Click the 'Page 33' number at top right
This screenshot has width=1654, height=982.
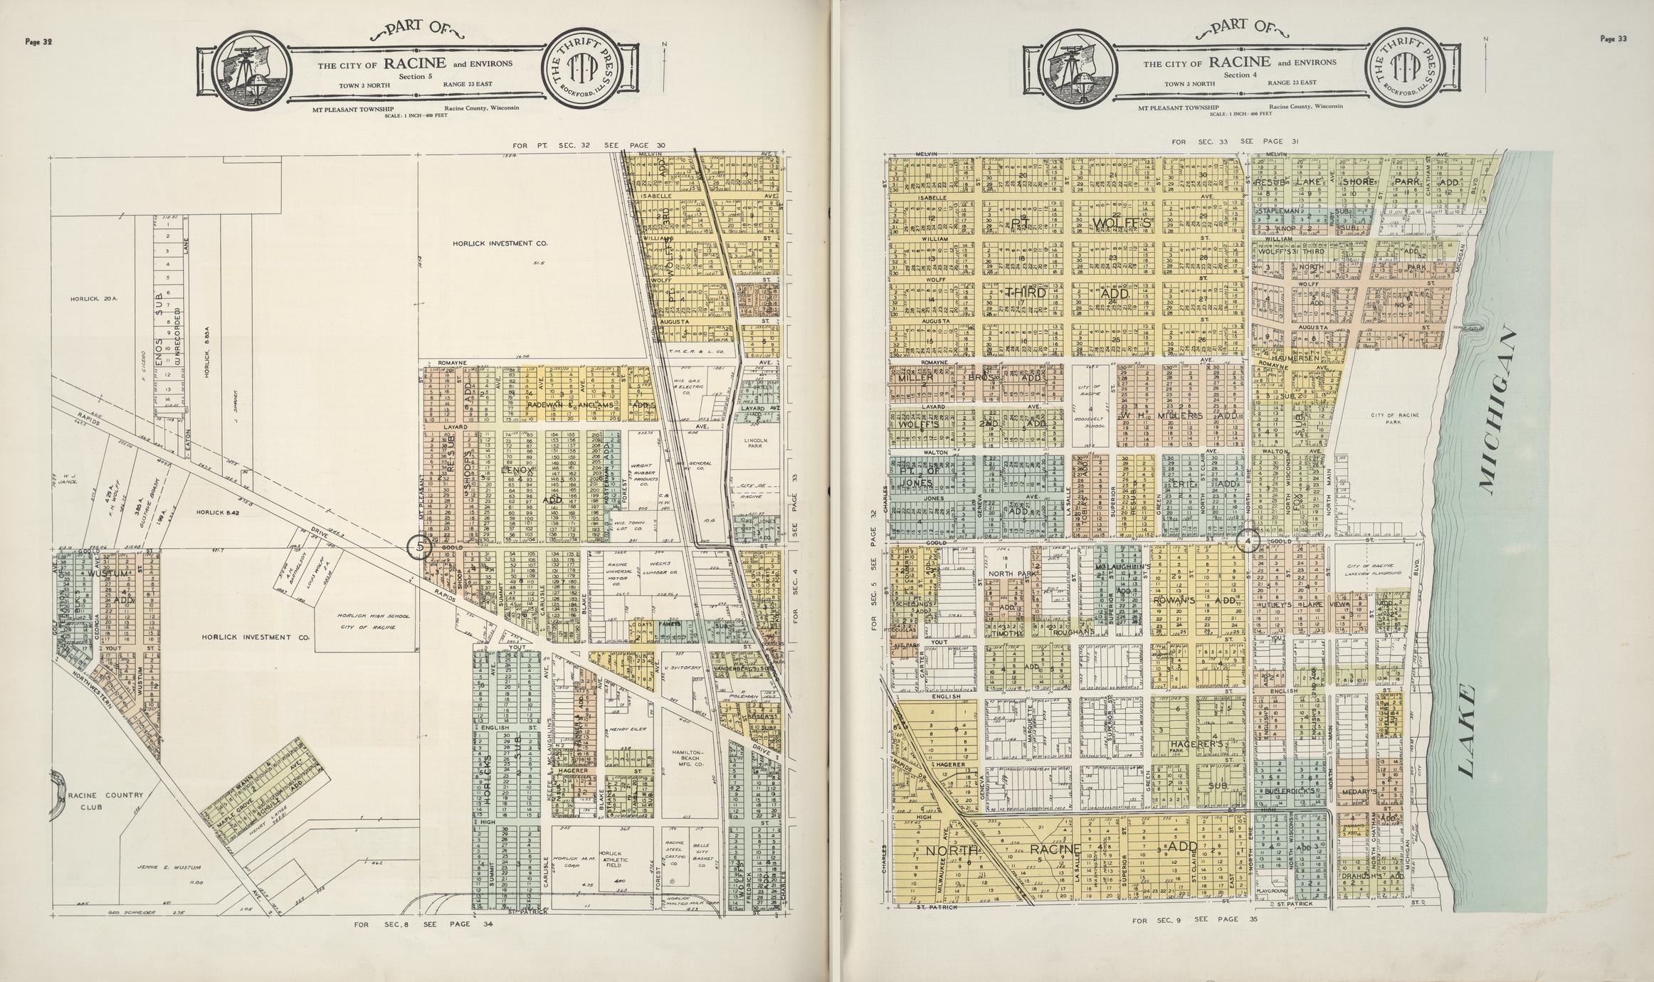point(1613,39)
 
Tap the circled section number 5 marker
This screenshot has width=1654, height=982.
point(419,547)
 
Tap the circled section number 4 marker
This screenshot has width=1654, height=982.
point(1248,542)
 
